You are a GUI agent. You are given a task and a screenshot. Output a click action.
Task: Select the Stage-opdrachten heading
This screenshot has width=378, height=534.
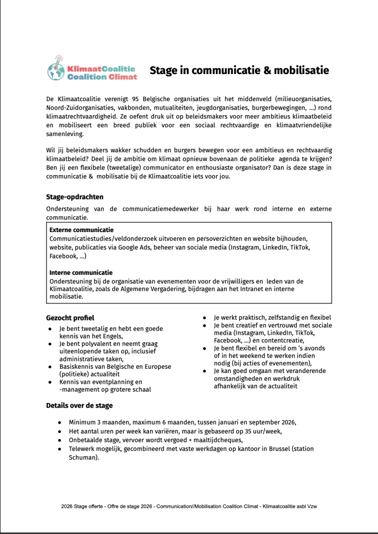(x=75, y=197)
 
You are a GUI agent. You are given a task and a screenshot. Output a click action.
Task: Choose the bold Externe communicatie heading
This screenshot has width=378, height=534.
(x=81, y=230)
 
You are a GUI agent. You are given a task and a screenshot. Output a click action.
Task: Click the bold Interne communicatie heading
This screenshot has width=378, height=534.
(x=81, y=273)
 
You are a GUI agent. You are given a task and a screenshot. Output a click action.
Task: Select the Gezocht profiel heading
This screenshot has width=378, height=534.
(x=70, y=318)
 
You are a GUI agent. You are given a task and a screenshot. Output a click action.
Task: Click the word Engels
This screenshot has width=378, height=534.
(x=112, y=337)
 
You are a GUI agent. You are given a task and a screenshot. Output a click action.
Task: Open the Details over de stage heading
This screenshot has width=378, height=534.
(x=79, y=405)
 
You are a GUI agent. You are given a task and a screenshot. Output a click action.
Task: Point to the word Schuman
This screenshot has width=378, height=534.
(x=83, y=458)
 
